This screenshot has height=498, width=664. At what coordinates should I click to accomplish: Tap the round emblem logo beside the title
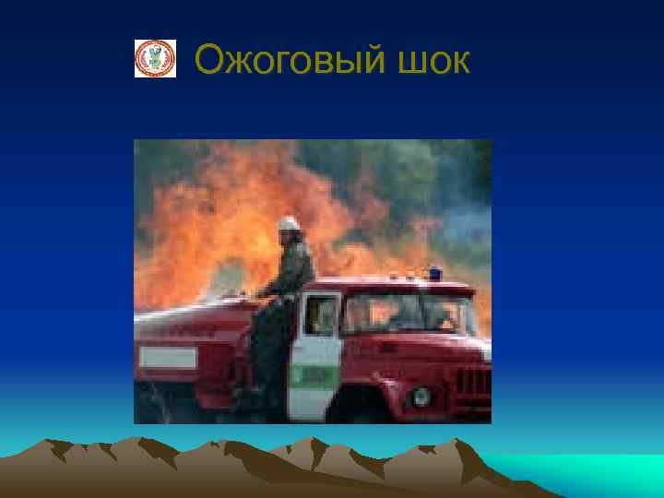point(155,58)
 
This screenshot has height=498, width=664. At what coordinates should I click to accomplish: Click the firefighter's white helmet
point(289,223)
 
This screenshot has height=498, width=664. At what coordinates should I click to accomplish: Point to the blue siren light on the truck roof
point(433,273)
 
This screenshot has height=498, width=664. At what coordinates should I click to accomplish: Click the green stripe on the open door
point(314,375)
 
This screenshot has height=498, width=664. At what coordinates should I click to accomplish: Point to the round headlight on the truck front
point(421,397)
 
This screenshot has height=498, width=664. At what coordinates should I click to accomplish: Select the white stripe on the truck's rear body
point(168,358)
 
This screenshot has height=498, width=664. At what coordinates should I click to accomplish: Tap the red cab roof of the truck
point(397,282)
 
